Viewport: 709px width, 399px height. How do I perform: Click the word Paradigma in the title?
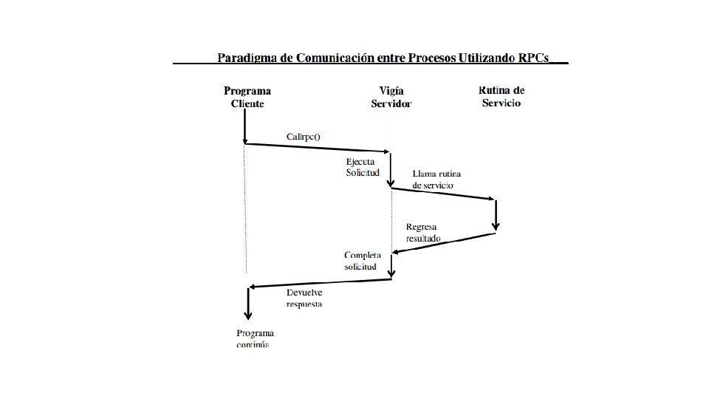(x=245, y=58)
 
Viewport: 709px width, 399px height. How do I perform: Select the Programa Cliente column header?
(x=247, y=98)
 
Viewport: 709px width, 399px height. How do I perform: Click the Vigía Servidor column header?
(x=391, y=98)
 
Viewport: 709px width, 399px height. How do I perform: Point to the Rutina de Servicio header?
(x=501, y=97)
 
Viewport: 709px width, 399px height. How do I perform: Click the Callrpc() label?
(x=304, y=137)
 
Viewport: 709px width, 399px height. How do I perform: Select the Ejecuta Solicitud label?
(x=363, y=167)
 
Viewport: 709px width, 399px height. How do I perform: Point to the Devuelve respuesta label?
(x=305, y=298)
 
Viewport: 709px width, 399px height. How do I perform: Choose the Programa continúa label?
(x=255, y=339)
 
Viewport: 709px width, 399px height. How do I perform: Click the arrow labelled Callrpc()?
(x=318, y=149)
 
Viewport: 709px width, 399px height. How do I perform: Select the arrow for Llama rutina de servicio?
(x=443, y=194)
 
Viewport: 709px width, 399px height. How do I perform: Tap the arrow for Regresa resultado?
(x=443, y=243)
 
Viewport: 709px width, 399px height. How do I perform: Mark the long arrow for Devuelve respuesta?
(x=321, y=283)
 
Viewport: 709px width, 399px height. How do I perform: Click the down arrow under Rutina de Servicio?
(x=496, y=215)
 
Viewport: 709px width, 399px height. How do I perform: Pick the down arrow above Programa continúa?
(x=248, y=302)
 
